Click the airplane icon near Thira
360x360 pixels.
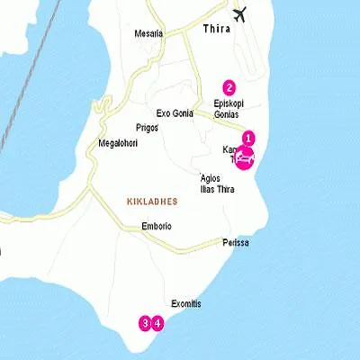[240, 14]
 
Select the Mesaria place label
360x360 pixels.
[148, 33]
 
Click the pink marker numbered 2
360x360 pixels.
[229, 87]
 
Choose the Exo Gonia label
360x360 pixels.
[175, 114]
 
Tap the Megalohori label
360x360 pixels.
[116, 144]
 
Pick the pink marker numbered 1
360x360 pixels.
[249, 139]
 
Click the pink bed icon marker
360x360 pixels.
[244, 157]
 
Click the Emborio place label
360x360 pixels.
[156, 226]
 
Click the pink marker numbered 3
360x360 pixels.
[144, 322]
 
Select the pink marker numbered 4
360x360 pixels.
[157, 322]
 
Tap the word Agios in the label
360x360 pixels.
[211, 176]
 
